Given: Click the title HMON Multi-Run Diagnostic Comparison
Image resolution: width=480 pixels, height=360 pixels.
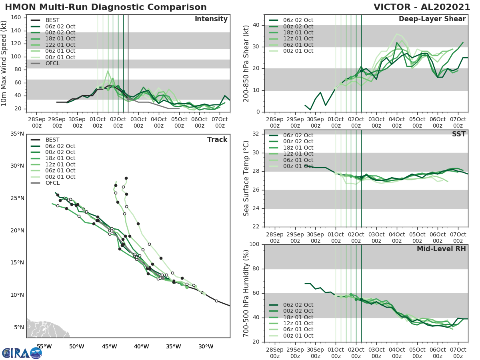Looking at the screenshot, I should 106,7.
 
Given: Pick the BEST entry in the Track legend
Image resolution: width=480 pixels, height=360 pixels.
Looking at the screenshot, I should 52,140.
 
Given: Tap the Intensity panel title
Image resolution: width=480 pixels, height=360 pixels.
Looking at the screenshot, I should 211,19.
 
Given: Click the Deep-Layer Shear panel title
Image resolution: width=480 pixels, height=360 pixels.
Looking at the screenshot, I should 432,19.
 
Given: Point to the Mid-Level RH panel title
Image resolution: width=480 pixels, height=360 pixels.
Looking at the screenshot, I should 441,249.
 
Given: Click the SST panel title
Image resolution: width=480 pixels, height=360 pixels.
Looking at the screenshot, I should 458,134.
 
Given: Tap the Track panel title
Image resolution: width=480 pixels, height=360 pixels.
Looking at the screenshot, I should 217,140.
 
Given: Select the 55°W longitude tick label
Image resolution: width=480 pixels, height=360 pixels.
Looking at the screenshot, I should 44,346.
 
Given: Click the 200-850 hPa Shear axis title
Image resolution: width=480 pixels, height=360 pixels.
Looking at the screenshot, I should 246,64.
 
